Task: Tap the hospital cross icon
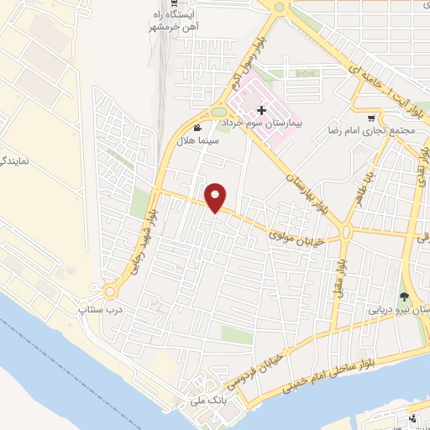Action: [x=262, y=110]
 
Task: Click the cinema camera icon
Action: [x=197, y=128]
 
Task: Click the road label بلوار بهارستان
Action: [x=306, y=191]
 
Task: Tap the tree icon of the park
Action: [x=404, y=296]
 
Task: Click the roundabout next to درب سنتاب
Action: [x=110, y=292]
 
